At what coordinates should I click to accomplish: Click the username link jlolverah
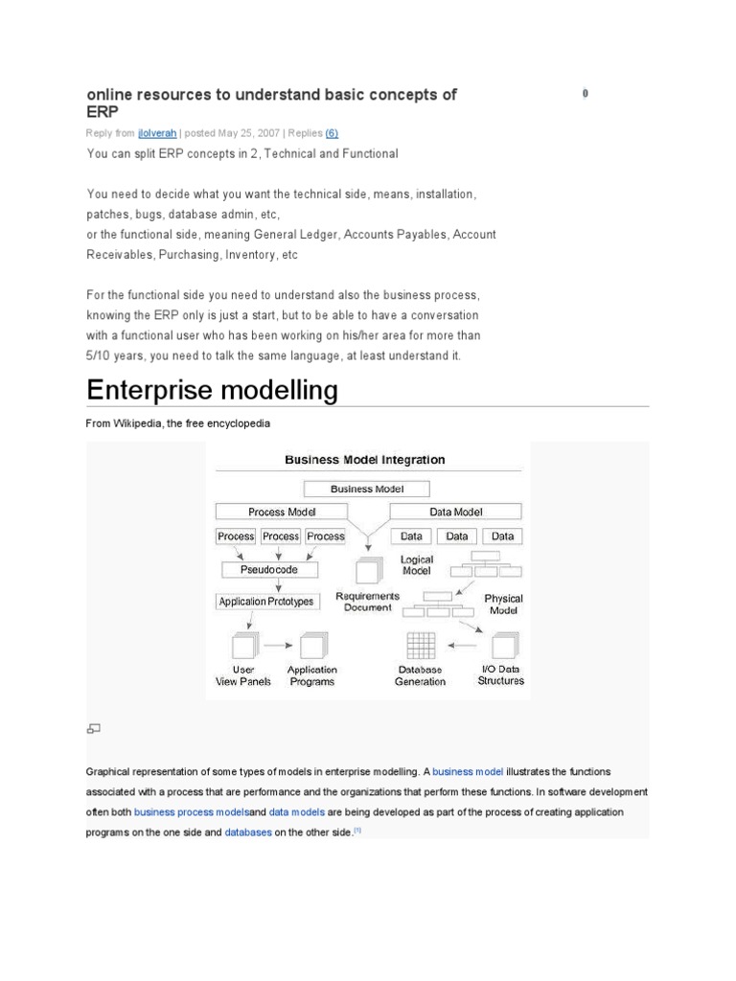pos(157,133)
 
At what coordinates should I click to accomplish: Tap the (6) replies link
pos(332,133)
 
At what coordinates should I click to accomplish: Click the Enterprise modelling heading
pos(212,391)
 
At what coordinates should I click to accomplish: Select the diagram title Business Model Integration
pos(365,460)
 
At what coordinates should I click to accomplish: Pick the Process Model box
pos(282,513)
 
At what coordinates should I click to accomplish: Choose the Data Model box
pos(455,513)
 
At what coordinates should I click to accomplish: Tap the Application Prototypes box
pos(265,603)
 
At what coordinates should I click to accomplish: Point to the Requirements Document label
pos(367,602)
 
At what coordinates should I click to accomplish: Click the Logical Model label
pos(417,564)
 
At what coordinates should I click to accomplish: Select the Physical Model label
pos(504,604)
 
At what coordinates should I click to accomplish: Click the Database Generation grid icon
pos(421,646)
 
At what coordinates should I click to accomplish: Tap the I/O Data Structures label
pos(501,675)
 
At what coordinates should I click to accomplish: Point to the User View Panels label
pos(243,676)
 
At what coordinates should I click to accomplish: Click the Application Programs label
pos(311,676)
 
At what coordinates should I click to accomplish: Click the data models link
pos(298,812)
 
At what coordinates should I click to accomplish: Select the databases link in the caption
pos(248,833)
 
